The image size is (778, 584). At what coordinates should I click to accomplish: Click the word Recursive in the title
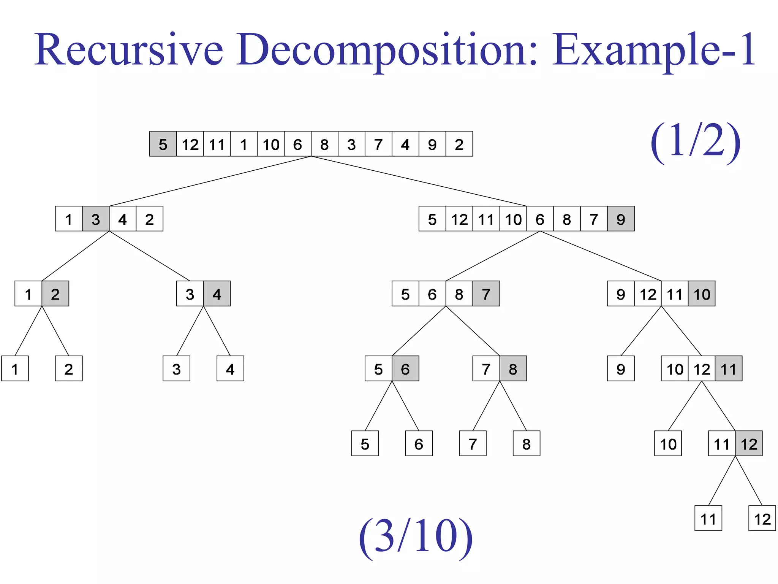pyautogui.click(x=129, y=49)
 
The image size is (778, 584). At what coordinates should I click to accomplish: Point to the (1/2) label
pyautogui.click(x=696, y=141)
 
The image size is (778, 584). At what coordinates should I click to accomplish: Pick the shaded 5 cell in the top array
pyautogui.click(x=163, y=144)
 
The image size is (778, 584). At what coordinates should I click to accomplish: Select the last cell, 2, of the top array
pyautogui.click(x=459, y=144)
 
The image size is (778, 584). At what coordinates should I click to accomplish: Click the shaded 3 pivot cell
pyautogui.click(x=96, y=219)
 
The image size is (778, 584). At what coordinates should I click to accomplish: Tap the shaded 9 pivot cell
pyautogui.click(x=621, y=219)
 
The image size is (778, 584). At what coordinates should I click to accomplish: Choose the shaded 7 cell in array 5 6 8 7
pyautogui.click(x=486, y=294)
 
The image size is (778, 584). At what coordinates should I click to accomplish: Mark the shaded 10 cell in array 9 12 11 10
pyautogui.click(x=701, y=294)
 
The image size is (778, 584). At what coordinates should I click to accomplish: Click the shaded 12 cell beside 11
pyautogui.click(x=749, y=444)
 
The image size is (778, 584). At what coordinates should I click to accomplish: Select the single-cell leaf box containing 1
pyautogui.click(x=15, y=369)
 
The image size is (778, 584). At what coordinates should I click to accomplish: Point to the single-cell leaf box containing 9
pyautogui.click(x=621, y=369)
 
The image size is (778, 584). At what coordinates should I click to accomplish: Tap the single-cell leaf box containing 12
pyautogui.click(x=762, y=519)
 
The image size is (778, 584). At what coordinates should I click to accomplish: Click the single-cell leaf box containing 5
pyautogui.click(x=365, y=444)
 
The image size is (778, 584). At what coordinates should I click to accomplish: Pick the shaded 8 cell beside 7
pyautogui.click(x=513, y=369)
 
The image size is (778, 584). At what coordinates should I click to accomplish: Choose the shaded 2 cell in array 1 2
pyautogui.click(x=55, y=294)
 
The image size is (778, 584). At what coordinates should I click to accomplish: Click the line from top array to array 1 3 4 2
pyautogui.click(x=210, y=181)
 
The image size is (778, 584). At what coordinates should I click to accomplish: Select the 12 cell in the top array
pyautogui.click(x=190, y=144)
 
